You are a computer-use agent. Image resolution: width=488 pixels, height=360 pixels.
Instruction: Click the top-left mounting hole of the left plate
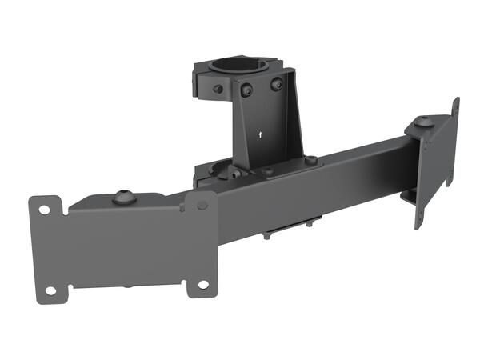(45, 210)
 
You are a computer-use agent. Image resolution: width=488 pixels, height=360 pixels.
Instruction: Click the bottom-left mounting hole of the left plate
(50, 290)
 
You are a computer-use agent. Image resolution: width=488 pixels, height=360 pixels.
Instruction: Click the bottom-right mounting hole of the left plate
(202, 285)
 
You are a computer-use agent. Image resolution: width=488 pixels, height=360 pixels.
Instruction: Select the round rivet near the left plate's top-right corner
(202, 205)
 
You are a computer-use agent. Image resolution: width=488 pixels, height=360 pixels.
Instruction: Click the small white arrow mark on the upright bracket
(260, 136)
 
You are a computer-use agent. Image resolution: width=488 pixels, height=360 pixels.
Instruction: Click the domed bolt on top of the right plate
(425, 122)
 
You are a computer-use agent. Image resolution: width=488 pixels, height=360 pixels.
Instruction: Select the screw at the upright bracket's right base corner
(311, 161)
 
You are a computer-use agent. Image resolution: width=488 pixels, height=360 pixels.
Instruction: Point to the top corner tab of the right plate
(456, 104)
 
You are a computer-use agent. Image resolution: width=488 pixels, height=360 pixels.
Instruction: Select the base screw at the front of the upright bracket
(269, 170)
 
